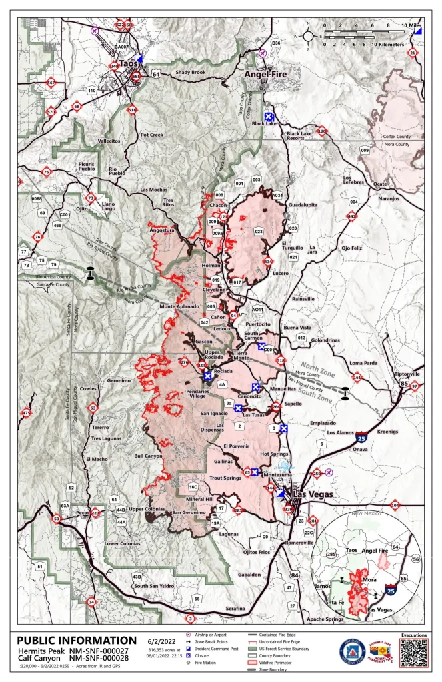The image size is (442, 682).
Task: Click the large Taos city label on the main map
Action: (127, 63)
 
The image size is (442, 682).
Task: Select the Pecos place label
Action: (83, 513)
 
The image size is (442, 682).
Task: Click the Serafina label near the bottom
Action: (235, 609)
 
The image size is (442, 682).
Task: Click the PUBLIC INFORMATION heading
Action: (77, 641)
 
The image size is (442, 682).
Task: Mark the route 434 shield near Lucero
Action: (268, 262)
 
